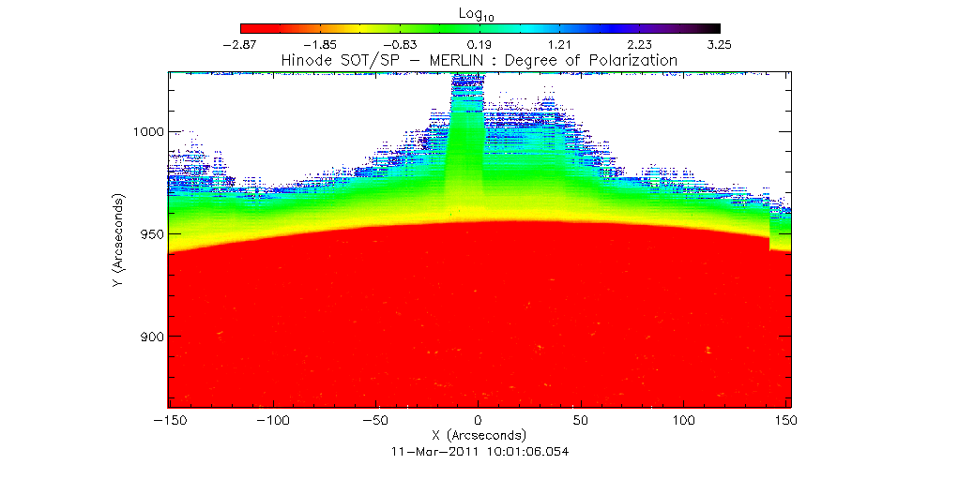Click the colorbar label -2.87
pyautogui.click(x=240, y=44)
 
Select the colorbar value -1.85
pyautogui.click(x=320, y=44)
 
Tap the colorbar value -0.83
pyautogui.click(x=400, y=44)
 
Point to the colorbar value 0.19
pyautogui.click(x=480, y=44)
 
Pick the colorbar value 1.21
pyautogui.click(x=560, y=44)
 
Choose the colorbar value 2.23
pyautogui.click(x=640, y=44)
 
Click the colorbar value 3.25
pyautogui.click(x=720, y=44)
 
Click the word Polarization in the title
pyautogui.click(x=636, y=60)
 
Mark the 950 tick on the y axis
pyautogui.click(x=149, y=234)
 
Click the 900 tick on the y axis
pyautogui.click(x=149, y=337)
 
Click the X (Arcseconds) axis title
pyautogui.click(x=479, y=435)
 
